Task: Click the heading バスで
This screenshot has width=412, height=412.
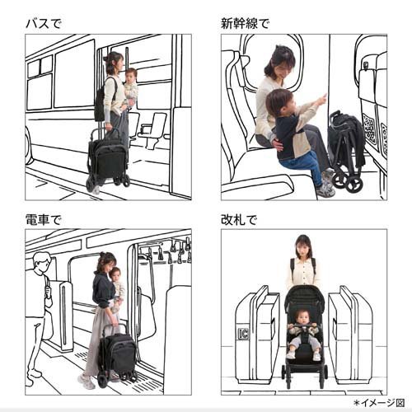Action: click(44, 23)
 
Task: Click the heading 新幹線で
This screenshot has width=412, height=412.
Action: click(245, 23)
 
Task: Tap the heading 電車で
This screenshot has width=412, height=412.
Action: click(44, 220)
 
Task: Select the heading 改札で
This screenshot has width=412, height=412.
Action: click(239, 220)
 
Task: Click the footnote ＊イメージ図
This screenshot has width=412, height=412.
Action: click(379, 403)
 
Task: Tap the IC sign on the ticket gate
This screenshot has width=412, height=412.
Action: click(243, 334)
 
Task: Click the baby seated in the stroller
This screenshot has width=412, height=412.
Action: click(303, 335)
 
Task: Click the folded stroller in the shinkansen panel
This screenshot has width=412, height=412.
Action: click(345, 151)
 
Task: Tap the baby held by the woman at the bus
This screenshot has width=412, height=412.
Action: click(131, 87)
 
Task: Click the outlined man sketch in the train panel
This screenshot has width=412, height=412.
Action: click(39, 316)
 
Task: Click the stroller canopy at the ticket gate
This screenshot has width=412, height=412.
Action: click(304, 298)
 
